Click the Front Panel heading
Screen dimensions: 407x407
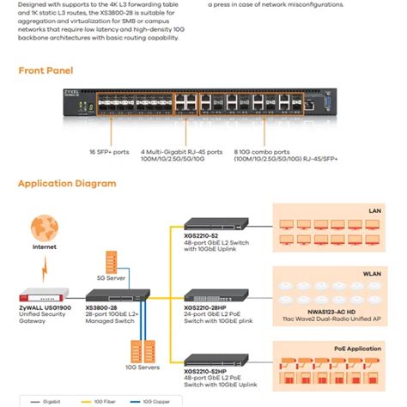(x=46, y=70)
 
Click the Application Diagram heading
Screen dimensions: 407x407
(x=66, y=183)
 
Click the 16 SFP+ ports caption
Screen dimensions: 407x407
(x=109, y=152)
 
